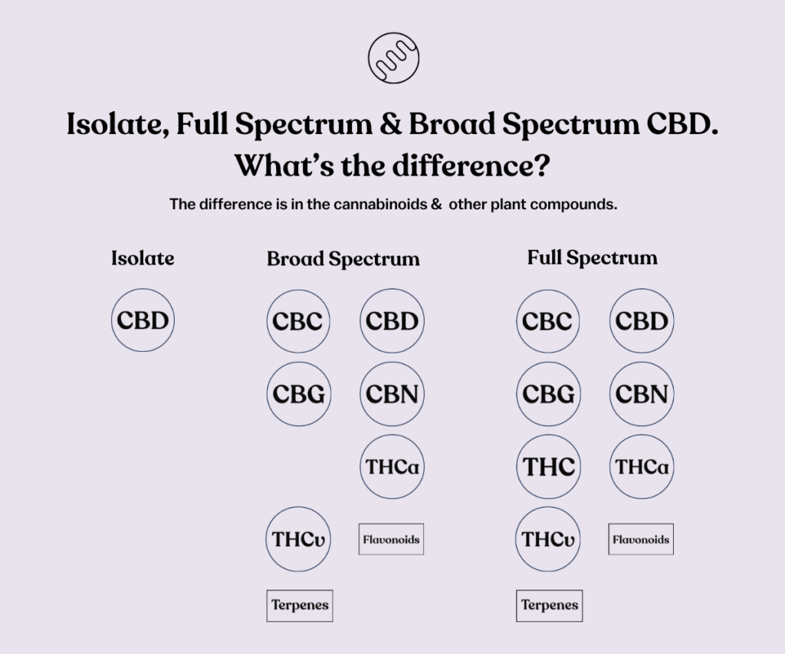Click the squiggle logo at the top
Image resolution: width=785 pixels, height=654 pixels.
(393, 58)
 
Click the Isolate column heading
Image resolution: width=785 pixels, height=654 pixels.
(143, 258)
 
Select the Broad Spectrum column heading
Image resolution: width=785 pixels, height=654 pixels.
(343, 259)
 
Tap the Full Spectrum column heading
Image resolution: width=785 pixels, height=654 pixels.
(593, 258)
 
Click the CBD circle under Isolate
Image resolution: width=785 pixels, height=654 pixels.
(143, 320)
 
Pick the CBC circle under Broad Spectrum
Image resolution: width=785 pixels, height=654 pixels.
(298, 321)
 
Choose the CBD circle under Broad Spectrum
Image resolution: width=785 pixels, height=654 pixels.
(392, 321)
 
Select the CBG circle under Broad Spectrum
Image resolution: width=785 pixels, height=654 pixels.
(299, 394)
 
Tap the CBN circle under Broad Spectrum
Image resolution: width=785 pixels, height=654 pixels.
(392, 394)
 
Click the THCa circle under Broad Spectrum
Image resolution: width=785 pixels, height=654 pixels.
(392, 467)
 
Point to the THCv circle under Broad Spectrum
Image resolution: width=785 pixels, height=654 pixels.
(298, 539)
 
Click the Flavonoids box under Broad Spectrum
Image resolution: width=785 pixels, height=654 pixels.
(391, 539)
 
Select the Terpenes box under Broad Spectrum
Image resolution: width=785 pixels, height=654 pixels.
(300, 606)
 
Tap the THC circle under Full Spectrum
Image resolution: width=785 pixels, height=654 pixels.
(548, 467)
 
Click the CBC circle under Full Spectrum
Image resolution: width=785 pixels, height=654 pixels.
(547, 321)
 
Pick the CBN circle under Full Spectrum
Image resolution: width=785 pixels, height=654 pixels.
(642, 394)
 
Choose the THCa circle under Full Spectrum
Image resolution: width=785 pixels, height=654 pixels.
(642, 467)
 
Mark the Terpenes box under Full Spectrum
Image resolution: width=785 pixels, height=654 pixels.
(549, 606)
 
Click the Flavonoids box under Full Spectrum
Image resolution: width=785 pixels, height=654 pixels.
(641, 539)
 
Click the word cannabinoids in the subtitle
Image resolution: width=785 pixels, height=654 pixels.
(380, 204)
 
